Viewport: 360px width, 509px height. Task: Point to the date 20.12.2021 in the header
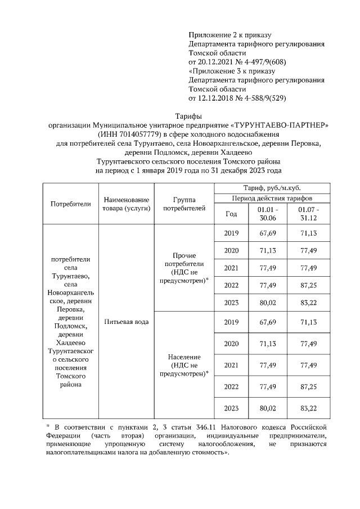(210, 61)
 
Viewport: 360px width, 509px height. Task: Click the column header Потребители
(70, 204)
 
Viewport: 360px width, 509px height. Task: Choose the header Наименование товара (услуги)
(126, 204)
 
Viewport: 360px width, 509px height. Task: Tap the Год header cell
(231, 214)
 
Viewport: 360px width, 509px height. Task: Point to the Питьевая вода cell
(126, 322)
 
